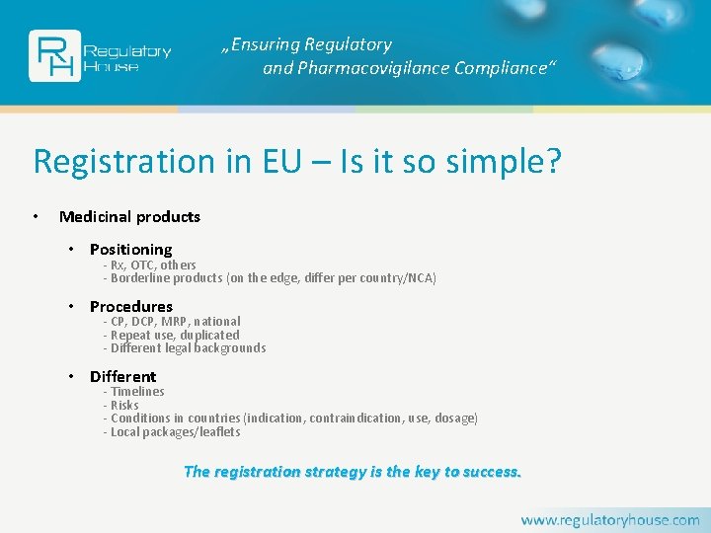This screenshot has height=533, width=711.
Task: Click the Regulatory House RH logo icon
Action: coord(54,55)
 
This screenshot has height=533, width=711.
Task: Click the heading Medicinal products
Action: coord(129,216)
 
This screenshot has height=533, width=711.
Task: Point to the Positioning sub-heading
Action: coord(130,249)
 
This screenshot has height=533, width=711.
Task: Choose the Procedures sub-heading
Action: coord(130,306)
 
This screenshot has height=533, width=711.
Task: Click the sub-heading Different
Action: coord(122,376)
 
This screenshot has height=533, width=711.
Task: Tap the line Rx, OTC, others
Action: coord(153,265)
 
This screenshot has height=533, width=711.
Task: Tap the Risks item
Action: coord(124,405)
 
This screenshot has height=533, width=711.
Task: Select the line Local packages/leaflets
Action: coord(175,431)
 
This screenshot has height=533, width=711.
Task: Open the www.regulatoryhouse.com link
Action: coord(609,519)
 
